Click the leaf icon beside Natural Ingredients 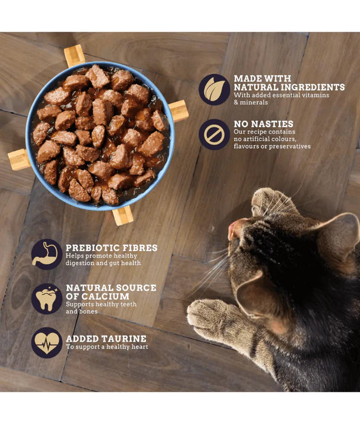click(x=214, y=90)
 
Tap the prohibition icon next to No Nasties click(x=214, y=134)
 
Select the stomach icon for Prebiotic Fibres click(x=47, y=254)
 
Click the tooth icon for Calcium click(x=47, y=299)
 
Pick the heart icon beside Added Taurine click(x=47, y=342)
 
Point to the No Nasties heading click(x=263, y=124)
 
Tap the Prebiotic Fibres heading click(x=111, y=248)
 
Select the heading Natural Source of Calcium click(x=111, y=292)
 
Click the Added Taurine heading click(x=106, y=338)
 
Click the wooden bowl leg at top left click(x=74, y=56)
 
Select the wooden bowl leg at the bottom click(x=122, y=215)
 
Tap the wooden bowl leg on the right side click(x=178, y=111)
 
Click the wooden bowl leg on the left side click(x=18, y=159)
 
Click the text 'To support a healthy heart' click(x=107, y=347)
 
